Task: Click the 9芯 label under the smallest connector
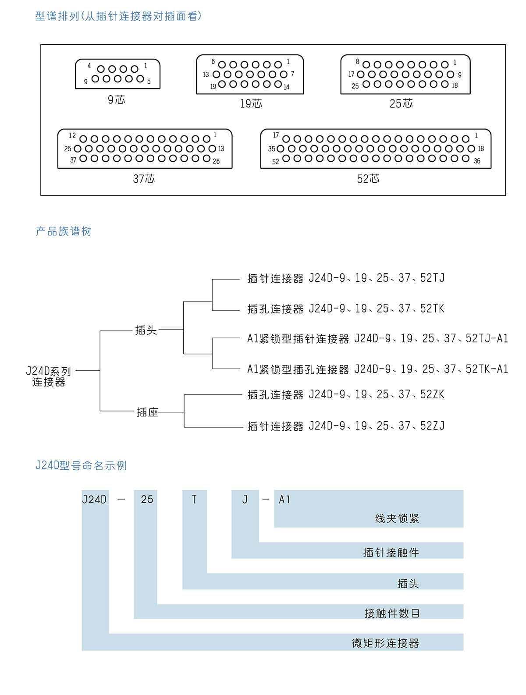point(117,100)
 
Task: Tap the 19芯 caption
point(251,104)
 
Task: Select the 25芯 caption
point(401,104)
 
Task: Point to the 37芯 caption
point(144,179)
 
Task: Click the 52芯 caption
point(368,179)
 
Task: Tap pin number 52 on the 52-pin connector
point(276,162)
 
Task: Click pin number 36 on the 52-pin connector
point(477,161)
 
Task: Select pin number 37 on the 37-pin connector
point(73,160)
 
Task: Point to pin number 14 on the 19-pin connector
point(286,87)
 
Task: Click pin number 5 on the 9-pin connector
point(149,82)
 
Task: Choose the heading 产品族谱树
point(64,231)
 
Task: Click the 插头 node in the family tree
point(146,330)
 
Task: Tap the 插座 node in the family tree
point(147,412)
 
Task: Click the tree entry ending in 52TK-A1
point(377,369)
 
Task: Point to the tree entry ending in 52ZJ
point(346,426)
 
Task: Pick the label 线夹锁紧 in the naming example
point(397,519)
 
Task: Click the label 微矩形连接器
point(386,643)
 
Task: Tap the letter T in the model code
point(194,500)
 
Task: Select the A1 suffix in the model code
point(284,500)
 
